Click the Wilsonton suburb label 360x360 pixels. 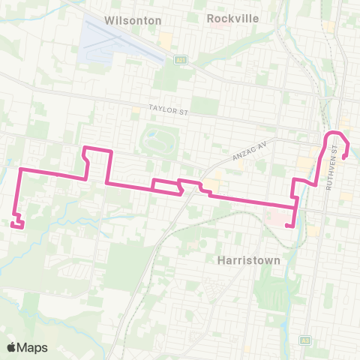click(x=134, y=20)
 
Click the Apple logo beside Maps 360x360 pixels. click(x=12, y=346)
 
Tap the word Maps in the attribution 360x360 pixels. click(x=34, y=346)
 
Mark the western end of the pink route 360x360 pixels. click(x=12, y=222)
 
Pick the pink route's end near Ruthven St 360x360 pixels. click(x=343, y=157)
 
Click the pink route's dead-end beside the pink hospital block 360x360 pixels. click(x=288, y=225)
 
